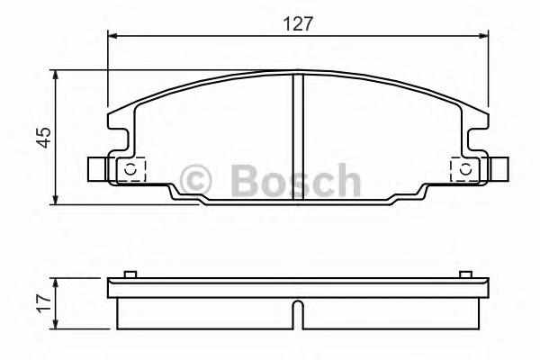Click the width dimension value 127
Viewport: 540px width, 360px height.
297,24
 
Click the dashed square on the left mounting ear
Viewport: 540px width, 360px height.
131,169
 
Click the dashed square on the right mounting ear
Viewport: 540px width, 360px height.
463,169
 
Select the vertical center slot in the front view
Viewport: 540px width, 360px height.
298,135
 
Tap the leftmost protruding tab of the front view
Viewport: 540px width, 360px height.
97,169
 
